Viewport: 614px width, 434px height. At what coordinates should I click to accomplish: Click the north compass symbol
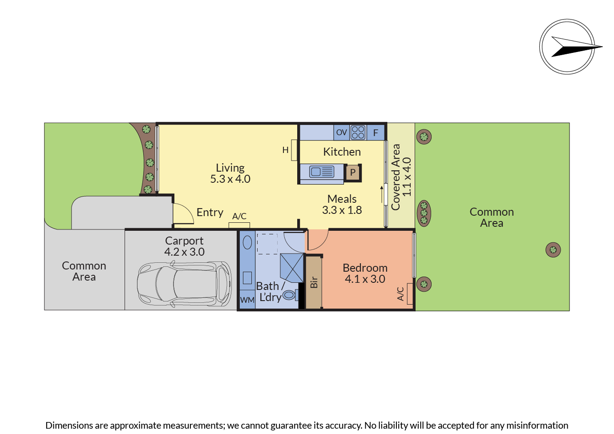567,47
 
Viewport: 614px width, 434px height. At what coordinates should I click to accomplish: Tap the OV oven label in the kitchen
341,133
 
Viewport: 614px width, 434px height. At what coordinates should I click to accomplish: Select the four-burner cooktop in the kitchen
358,133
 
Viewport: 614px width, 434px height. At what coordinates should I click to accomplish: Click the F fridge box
376,133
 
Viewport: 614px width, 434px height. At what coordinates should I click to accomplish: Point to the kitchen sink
322,172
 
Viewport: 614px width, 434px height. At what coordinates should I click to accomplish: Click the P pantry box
353,173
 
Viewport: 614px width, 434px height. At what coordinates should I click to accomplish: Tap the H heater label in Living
286,150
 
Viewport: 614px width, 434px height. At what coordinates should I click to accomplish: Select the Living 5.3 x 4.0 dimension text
230,179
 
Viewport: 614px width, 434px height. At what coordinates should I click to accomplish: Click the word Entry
210,213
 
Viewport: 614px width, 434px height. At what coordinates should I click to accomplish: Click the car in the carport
184,283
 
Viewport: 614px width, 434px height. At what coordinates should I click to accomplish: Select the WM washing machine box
247,300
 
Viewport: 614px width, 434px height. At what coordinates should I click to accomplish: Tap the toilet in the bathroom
290,294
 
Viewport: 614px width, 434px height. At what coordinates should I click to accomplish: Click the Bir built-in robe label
314,282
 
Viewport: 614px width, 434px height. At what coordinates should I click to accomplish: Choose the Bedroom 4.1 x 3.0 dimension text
365,279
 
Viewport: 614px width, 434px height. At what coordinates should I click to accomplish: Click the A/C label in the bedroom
400,293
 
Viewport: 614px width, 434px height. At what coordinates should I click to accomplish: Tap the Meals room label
342,199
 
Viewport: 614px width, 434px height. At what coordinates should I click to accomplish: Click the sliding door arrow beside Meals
381,194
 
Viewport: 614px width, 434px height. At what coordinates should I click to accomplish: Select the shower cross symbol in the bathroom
291,268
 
